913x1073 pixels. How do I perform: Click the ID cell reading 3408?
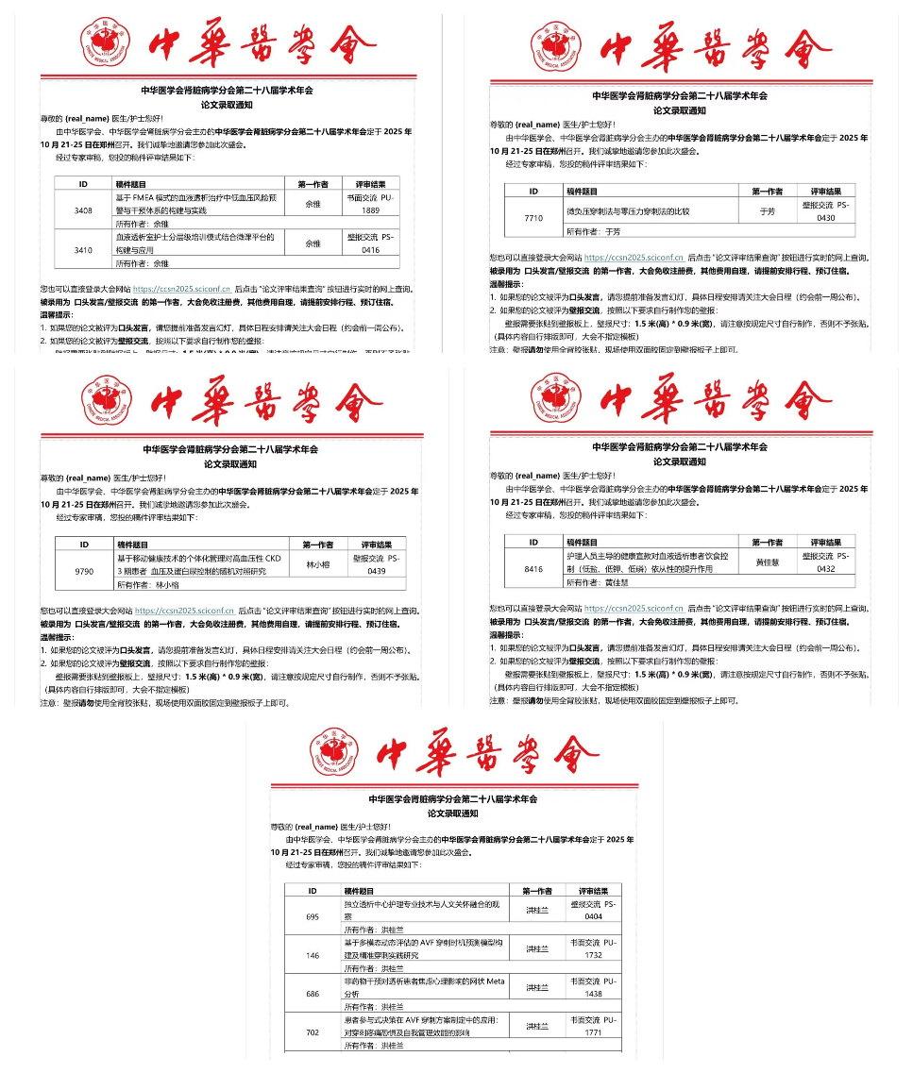83,210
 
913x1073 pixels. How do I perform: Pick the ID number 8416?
533,569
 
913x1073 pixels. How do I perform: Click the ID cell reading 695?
313,916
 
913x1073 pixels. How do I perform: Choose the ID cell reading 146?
313,955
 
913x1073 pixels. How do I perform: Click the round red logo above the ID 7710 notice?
558,44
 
